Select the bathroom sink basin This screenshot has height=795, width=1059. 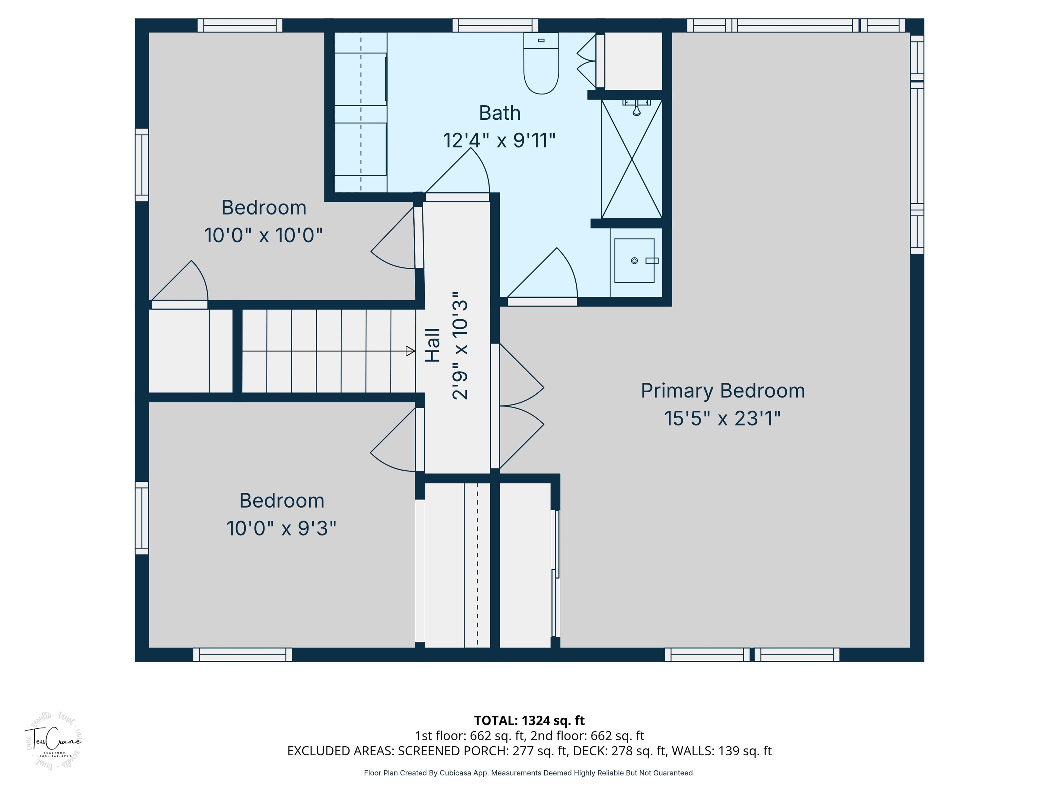634,261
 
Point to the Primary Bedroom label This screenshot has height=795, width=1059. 723,391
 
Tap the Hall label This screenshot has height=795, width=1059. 433,345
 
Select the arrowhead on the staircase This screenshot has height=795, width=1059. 410,351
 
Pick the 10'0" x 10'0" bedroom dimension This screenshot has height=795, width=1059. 263,235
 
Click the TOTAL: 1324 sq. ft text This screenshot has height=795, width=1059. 529,720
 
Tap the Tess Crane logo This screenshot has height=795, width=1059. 53,741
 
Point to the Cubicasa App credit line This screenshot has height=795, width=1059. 529,773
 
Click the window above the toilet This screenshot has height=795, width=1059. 495,26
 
